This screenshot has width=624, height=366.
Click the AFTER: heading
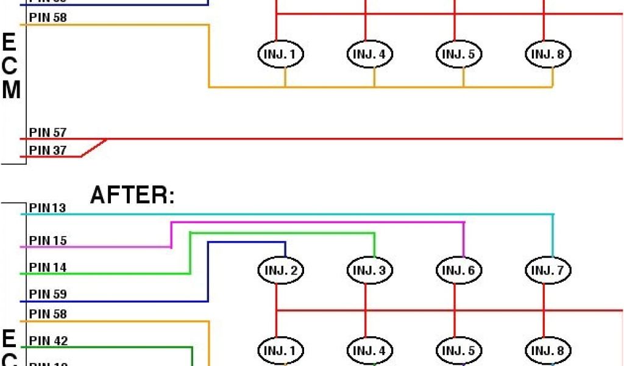(132, 195)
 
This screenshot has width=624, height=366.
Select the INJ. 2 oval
(281, 270)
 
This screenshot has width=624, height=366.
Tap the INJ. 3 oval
(370, 270)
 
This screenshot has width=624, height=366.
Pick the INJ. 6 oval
(459, 270)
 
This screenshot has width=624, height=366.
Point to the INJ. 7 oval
(548, 270)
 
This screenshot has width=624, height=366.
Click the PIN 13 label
(48, 208)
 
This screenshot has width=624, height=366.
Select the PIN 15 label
(48, 240)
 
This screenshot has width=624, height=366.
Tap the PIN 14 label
(48, 267)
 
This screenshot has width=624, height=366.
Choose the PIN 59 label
(48, 294)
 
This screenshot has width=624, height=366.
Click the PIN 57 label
(48, 132)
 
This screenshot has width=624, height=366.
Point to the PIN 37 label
(48, 150)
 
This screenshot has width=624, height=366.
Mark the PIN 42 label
(48, 340)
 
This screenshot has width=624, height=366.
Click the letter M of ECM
(11, 90)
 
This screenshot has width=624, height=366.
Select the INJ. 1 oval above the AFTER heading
(281, 54)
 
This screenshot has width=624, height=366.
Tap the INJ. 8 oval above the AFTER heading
(548, 54)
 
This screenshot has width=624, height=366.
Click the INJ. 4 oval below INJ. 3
(370, 351)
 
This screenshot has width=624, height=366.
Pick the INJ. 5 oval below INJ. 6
(459, 351)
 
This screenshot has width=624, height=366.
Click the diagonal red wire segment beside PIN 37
(94, 148)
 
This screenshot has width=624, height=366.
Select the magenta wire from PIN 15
(317, 223)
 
